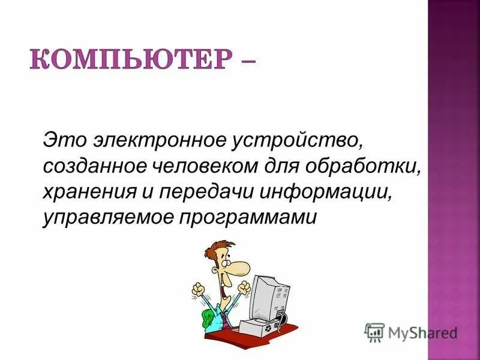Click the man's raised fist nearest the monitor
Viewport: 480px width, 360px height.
tap(244, 291)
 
